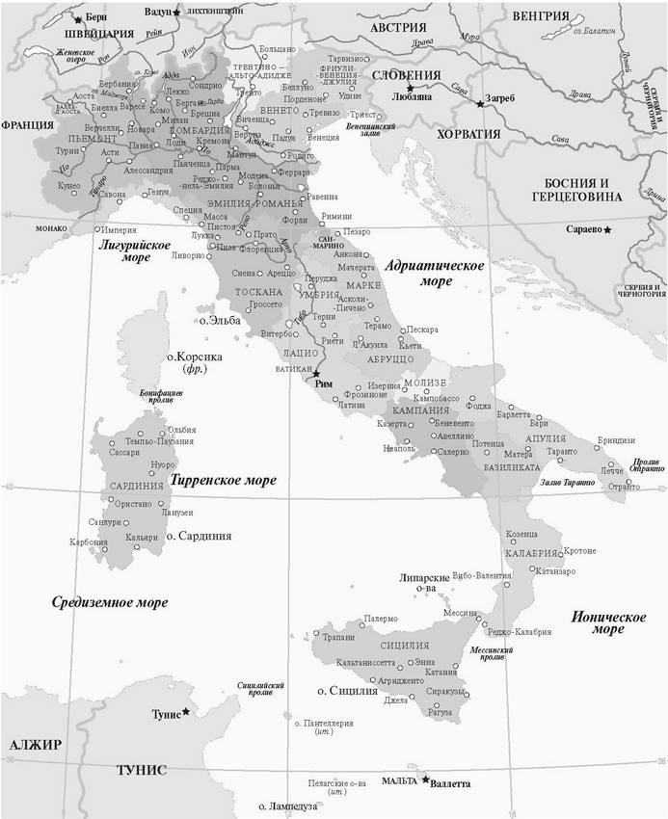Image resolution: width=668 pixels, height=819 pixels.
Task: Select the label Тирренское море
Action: pyautogui.click(x=223, y=479)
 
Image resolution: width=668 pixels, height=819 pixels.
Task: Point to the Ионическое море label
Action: pyautogui.click(x=607, y=621)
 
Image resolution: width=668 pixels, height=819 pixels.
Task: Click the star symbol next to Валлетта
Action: pyautogui.click(x=425, y=779)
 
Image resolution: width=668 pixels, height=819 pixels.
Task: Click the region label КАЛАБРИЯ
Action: pyautogui.click(x=531, y=553)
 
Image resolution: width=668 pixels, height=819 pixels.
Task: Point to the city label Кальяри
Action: pyautogui.click(x=141, y=537)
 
